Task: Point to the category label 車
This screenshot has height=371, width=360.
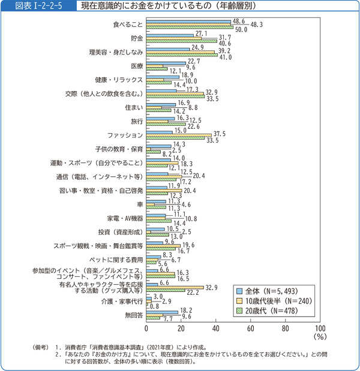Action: click(139, 204)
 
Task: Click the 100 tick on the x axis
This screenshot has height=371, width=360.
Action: click(320, 329)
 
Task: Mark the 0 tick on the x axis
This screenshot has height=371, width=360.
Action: click(147, 329)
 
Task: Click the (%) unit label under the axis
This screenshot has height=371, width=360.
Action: click(319, 337)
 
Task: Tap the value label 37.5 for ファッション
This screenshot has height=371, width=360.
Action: click(219, 134)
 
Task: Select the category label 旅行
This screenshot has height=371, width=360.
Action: click(136, 121)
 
